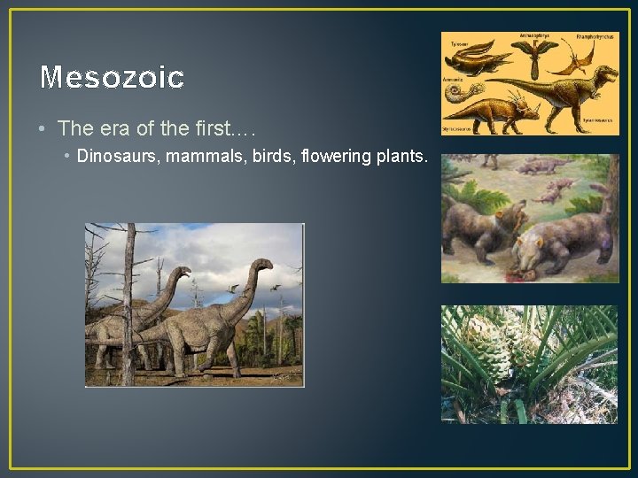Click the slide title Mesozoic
[x=112, y=78]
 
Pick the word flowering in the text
[x=334, y=157]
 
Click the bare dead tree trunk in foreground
[x=129, y=301]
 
